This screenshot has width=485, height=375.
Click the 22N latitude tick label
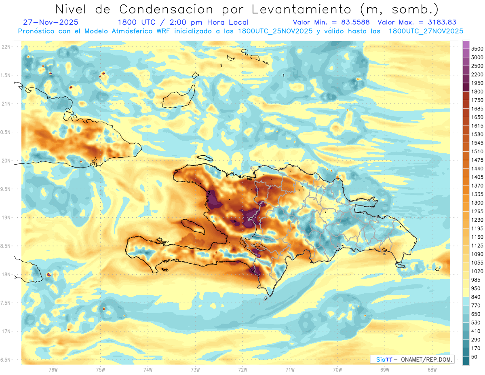point(7,47)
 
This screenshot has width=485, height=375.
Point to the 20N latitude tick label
point(7,161)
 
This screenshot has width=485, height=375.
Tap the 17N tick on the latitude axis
point(7,331)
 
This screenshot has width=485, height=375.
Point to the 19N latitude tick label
point(7,218)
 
